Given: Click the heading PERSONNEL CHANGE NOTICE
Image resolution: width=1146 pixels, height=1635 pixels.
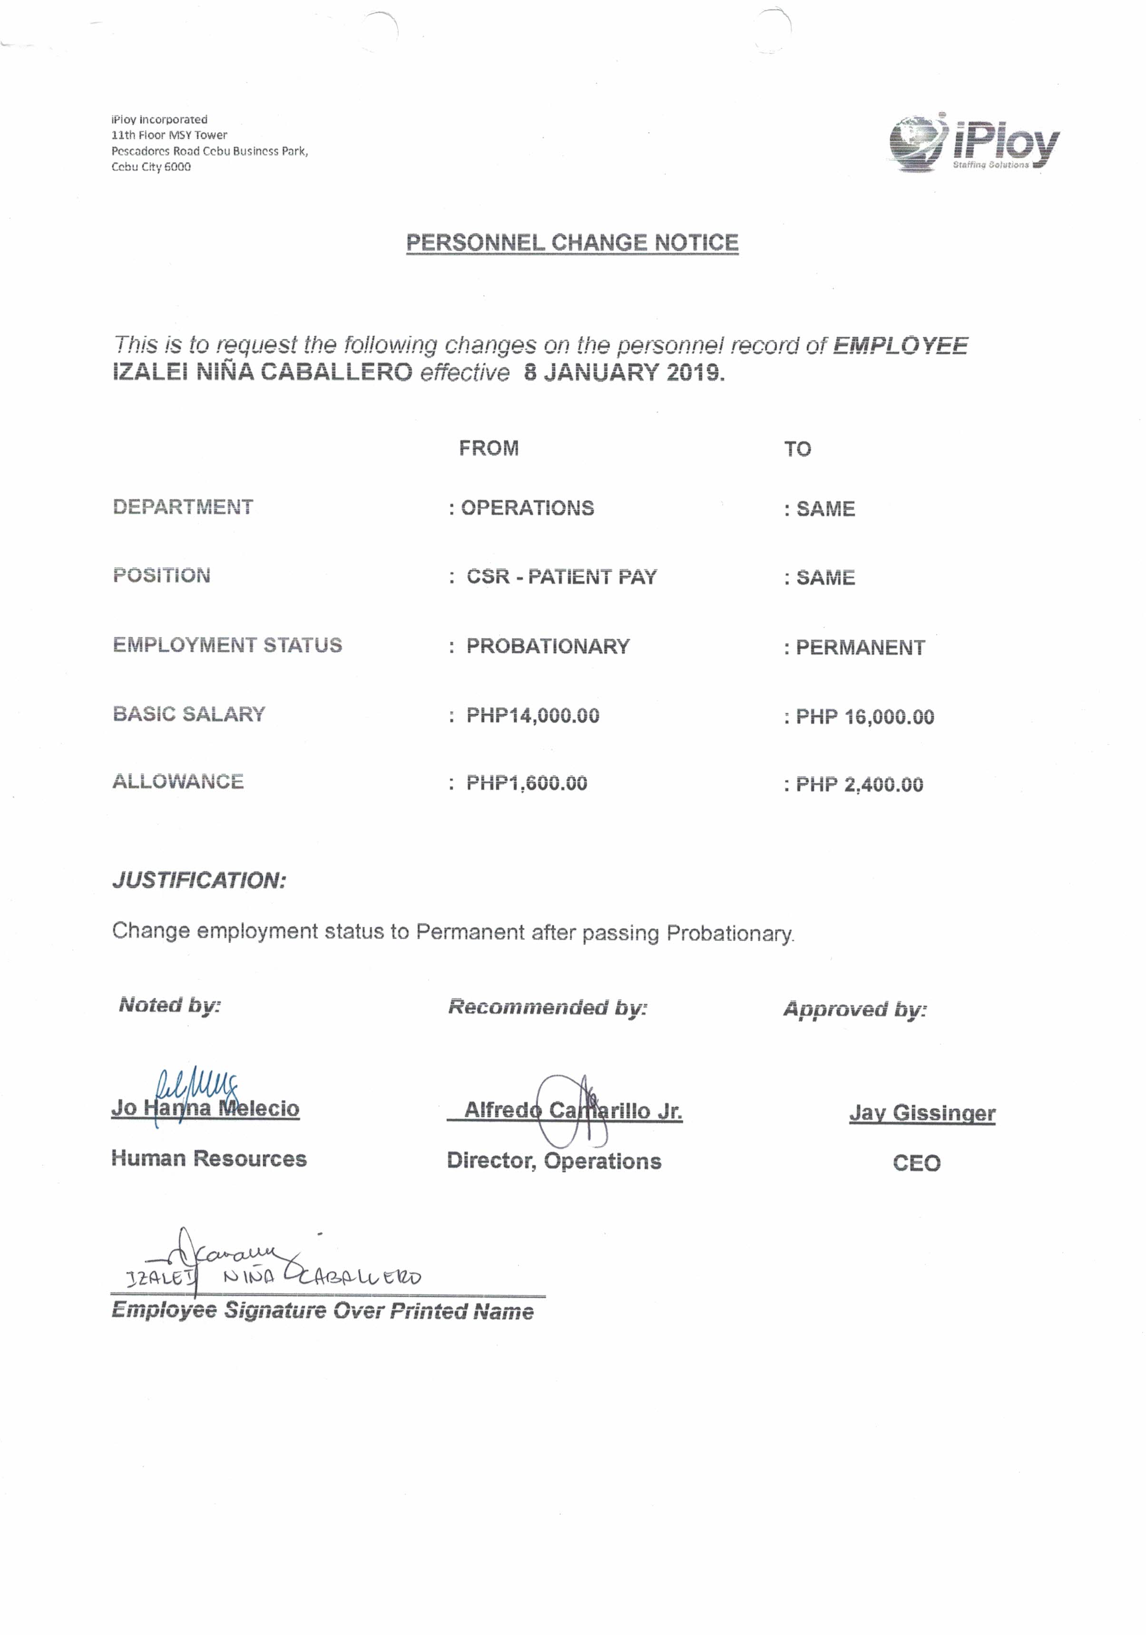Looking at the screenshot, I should pos(572,243).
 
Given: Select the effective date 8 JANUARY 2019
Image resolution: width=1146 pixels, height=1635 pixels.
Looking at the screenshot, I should pos(624,372).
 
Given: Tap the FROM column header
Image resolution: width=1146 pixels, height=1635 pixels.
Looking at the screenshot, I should pos(489,449).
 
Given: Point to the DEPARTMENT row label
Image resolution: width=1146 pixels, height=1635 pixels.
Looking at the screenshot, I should pos(183,507).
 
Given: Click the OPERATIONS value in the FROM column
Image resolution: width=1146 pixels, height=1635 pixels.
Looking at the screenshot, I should pos(527,508).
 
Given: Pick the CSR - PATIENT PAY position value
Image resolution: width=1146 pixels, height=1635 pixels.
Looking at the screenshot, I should pos(561,577).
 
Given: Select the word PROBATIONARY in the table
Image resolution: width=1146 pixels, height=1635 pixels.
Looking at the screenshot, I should pos(548,646).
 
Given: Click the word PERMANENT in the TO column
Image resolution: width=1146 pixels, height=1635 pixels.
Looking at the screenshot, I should pos(860,648).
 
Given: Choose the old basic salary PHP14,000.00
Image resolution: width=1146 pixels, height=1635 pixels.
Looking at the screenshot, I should pos(533,715).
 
